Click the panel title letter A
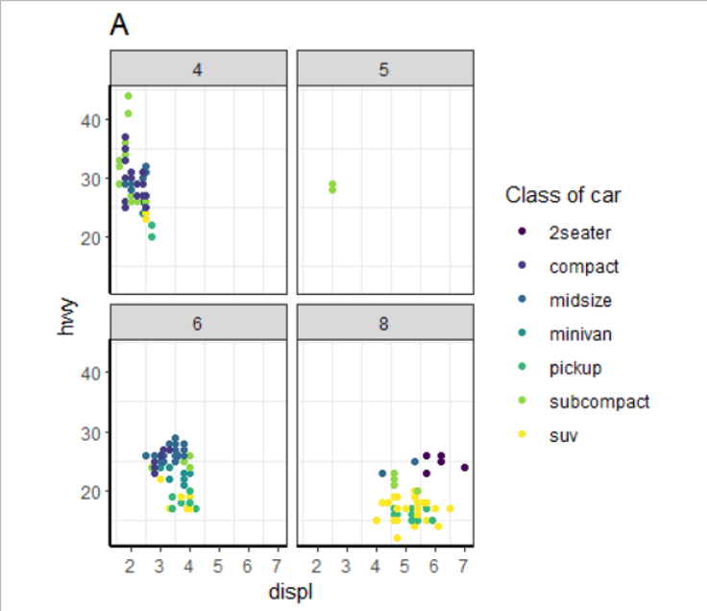click(120, 25)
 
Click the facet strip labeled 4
click(197, 69)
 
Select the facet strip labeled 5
click(385, 69)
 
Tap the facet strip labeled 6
click(197, 323)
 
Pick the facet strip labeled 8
click(385, 323)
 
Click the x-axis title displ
click(291, 592)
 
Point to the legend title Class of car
click(563, 196)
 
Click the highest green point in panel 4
click(128, 96)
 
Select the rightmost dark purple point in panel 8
click(464, 468)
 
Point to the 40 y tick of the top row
click(89, 120)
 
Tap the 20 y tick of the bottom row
click(89, 491)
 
